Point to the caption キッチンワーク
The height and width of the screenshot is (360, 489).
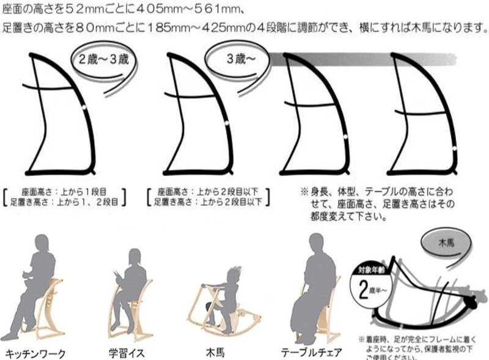tap(35, 353)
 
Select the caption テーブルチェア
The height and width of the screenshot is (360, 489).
tap(311, 353)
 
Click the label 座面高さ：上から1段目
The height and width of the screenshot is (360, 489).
tap(68, 190)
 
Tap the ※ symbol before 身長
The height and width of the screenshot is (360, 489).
tap(304, 191)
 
